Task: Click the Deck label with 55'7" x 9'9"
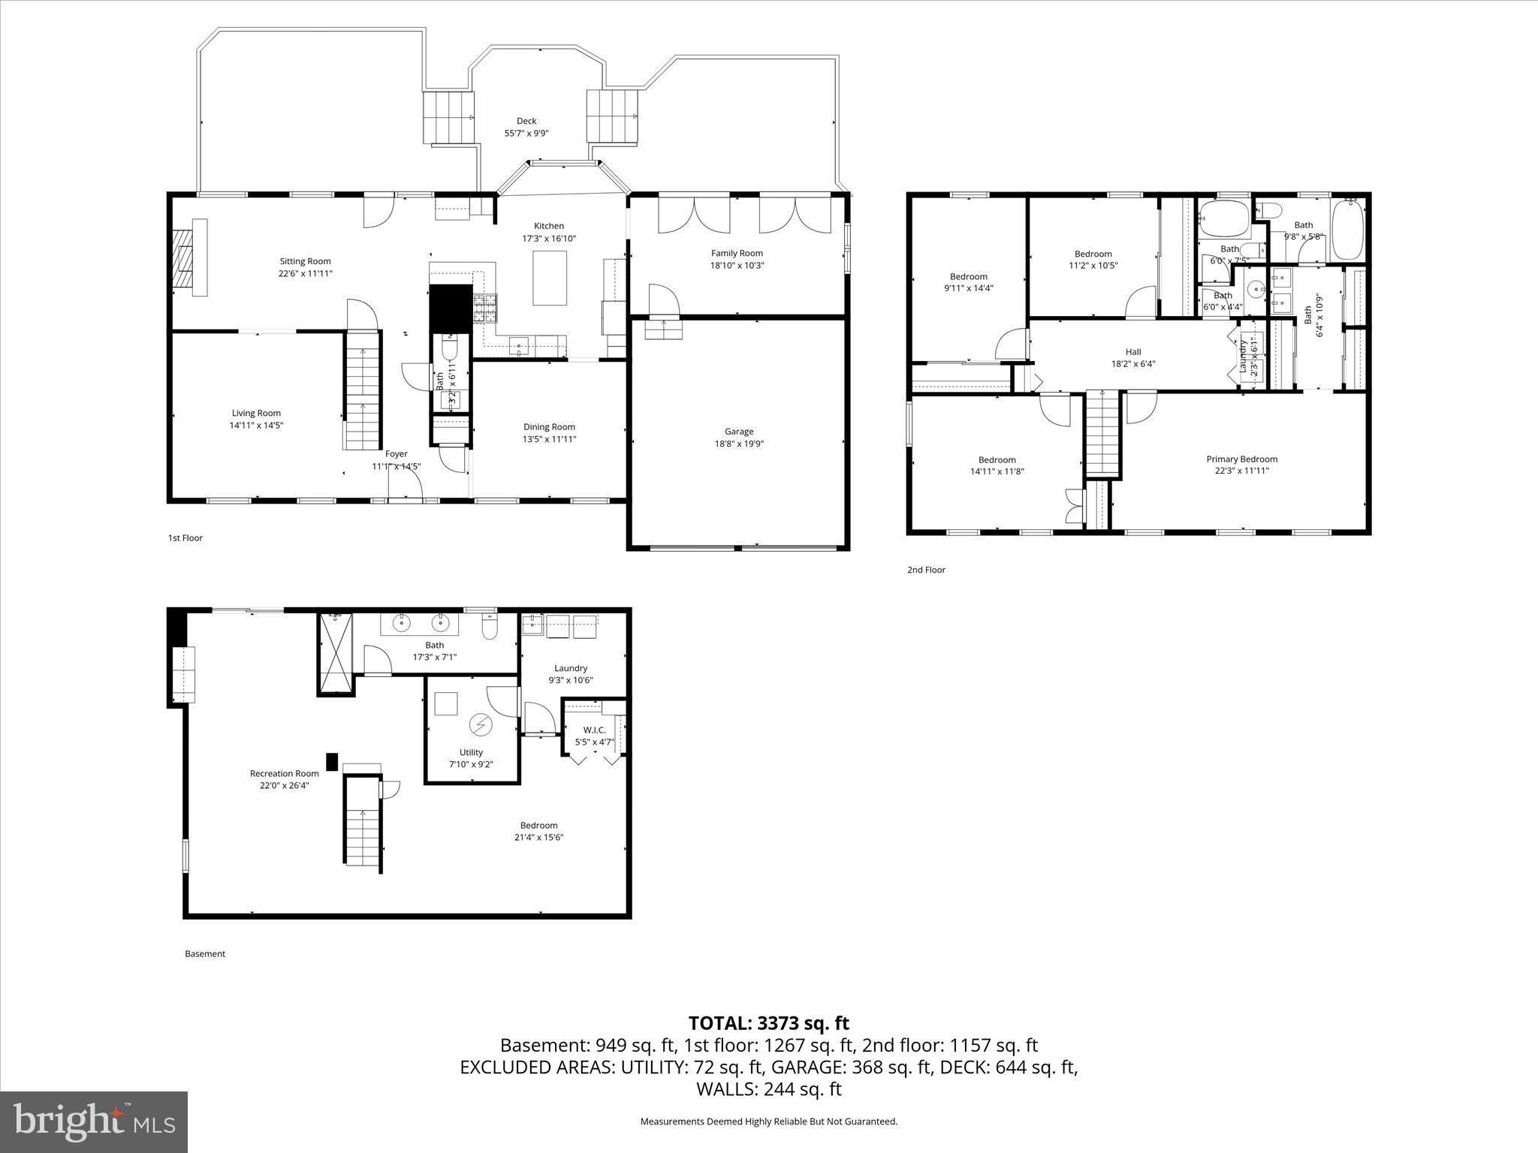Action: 526,127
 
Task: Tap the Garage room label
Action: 739,438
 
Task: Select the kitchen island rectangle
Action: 550,278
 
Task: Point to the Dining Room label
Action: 549,433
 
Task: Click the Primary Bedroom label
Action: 1241,465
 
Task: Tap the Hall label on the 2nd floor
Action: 1133,357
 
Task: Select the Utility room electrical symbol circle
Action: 479,725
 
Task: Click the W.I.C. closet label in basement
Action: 594,736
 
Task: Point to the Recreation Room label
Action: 284,779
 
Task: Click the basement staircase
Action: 363,822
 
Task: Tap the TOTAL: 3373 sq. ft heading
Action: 768,1023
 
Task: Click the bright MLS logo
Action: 94,1121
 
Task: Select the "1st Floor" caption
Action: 185,537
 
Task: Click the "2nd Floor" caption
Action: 926,570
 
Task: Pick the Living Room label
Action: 256,419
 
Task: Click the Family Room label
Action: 737,259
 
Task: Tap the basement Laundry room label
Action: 571,674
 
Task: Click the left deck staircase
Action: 449,117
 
